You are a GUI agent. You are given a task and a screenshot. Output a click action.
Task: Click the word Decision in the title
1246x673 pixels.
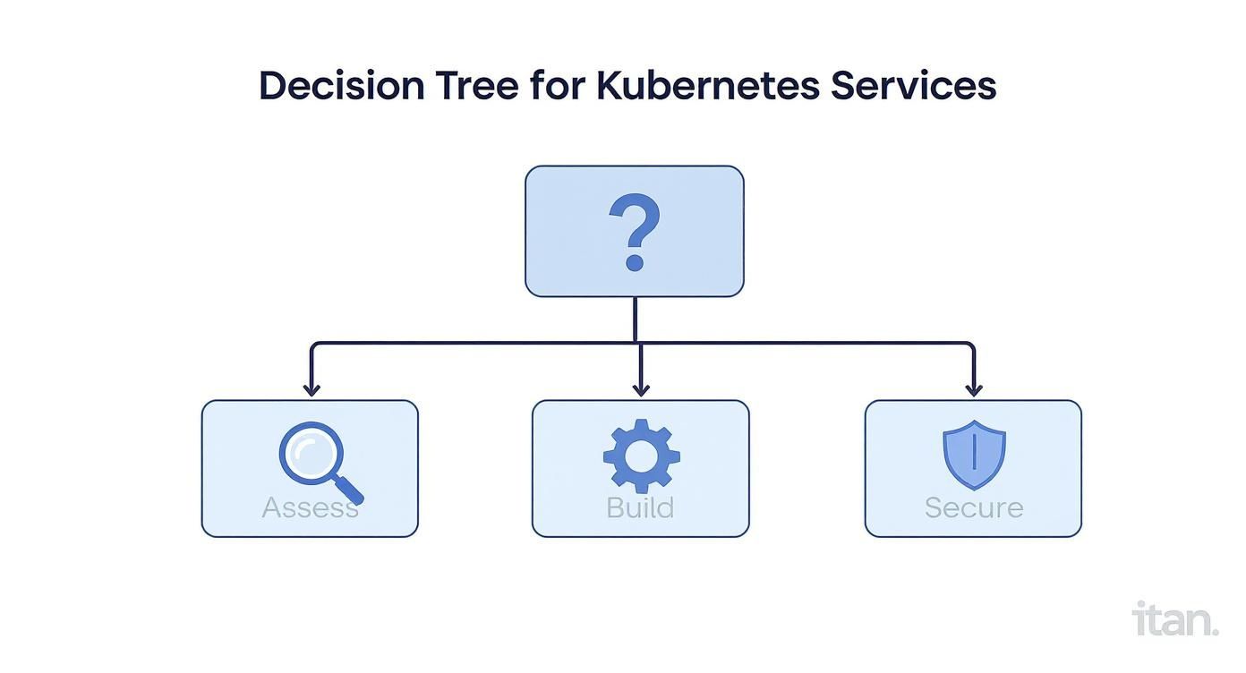pos(341,86)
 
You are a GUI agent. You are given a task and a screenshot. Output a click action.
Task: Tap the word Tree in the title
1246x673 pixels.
pos(478,86)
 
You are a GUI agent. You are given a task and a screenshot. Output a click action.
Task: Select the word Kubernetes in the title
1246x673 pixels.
pos(707,86)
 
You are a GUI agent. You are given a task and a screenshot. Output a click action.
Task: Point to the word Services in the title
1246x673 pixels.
pos(913,86)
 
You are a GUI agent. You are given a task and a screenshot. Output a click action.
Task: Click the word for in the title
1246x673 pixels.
pos(557,86)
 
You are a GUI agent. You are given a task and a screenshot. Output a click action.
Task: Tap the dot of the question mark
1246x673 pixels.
pos(635,262)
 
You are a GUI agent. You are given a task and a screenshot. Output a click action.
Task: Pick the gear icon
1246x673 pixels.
pos(641,456)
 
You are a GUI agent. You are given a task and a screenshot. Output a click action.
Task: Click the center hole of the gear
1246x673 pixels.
pos(641,456)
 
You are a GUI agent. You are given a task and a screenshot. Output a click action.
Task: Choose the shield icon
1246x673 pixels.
pos(974,455)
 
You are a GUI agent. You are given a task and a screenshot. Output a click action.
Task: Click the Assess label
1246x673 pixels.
pos(310,507)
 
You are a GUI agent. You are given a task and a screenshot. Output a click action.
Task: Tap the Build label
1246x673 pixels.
pos(640,507)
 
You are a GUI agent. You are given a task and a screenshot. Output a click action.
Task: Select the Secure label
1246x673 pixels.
pos(974,507)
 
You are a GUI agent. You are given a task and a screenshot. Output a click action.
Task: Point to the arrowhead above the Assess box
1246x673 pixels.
pos(311,388)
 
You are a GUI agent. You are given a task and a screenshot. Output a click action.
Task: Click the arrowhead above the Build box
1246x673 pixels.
pos(641,388)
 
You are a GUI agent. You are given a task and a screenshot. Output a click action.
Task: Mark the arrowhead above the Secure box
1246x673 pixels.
pos(974,388)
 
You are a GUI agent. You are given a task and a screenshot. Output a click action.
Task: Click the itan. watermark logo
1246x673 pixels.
pos(1175,619)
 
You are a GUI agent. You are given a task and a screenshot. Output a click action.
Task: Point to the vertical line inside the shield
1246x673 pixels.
pos(974,453)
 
